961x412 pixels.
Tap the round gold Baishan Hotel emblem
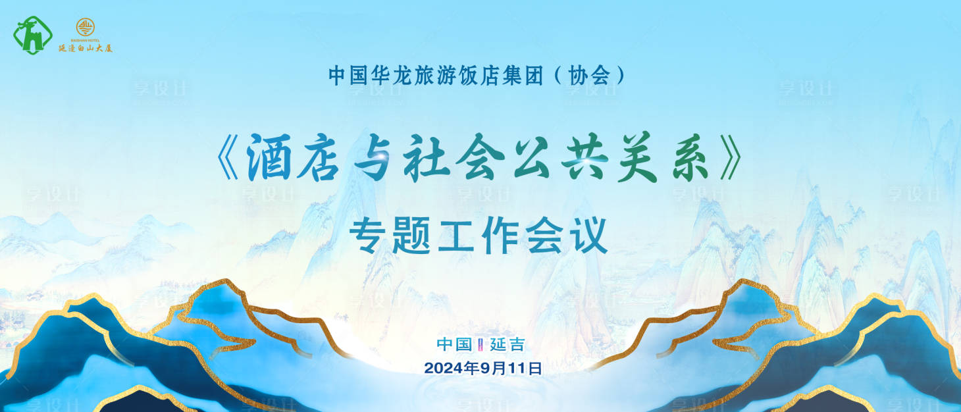[x=86, y=27]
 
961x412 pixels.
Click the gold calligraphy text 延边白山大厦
[x=86, y=48]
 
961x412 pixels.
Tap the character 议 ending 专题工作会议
[x=589, y=237]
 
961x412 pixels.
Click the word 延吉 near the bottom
[x=507, y=344]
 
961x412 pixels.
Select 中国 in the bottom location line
[x=455, y=344]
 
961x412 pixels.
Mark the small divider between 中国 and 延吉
[x=480, y=344]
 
